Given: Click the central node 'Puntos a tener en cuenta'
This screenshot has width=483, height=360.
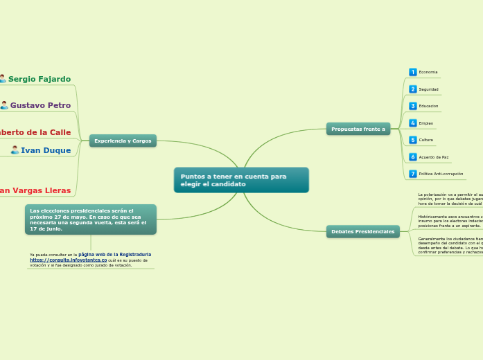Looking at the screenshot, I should [240, 180].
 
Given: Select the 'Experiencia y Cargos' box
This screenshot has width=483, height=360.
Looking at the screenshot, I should [123, 141].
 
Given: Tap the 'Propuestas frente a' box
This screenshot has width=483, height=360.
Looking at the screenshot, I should [358, 129].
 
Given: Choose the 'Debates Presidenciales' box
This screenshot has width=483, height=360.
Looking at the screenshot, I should [362, 231].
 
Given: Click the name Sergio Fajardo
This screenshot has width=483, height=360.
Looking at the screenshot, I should [39, 79].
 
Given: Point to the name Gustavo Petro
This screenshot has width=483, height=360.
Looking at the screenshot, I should [40, 105].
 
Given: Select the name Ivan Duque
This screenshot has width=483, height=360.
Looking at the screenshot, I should [46, 150].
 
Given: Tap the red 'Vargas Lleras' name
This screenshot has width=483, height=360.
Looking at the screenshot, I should [35, 190].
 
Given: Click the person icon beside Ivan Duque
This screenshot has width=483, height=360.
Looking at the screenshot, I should [15, 150].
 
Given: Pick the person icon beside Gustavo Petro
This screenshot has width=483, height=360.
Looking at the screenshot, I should [4, 105].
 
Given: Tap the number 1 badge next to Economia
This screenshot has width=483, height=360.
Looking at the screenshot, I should [413, 72].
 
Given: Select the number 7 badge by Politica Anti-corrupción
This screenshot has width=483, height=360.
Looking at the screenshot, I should [413, 174].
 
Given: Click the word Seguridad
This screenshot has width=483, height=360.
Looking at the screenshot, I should [428, 89].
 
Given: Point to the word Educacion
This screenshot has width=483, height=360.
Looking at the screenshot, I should [428, 106].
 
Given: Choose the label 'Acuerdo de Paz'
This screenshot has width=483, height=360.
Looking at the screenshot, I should [434, 157].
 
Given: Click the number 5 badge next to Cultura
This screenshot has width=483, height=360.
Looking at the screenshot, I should [413, 140].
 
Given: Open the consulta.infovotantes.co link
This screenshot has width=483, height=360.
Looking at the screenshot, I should [69, 260].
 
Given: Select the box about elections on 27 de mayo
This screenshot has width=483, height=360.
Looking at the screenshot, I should [91, 219].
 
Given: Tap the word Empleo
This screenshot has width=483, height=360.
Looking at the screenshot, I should [426, 123].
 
